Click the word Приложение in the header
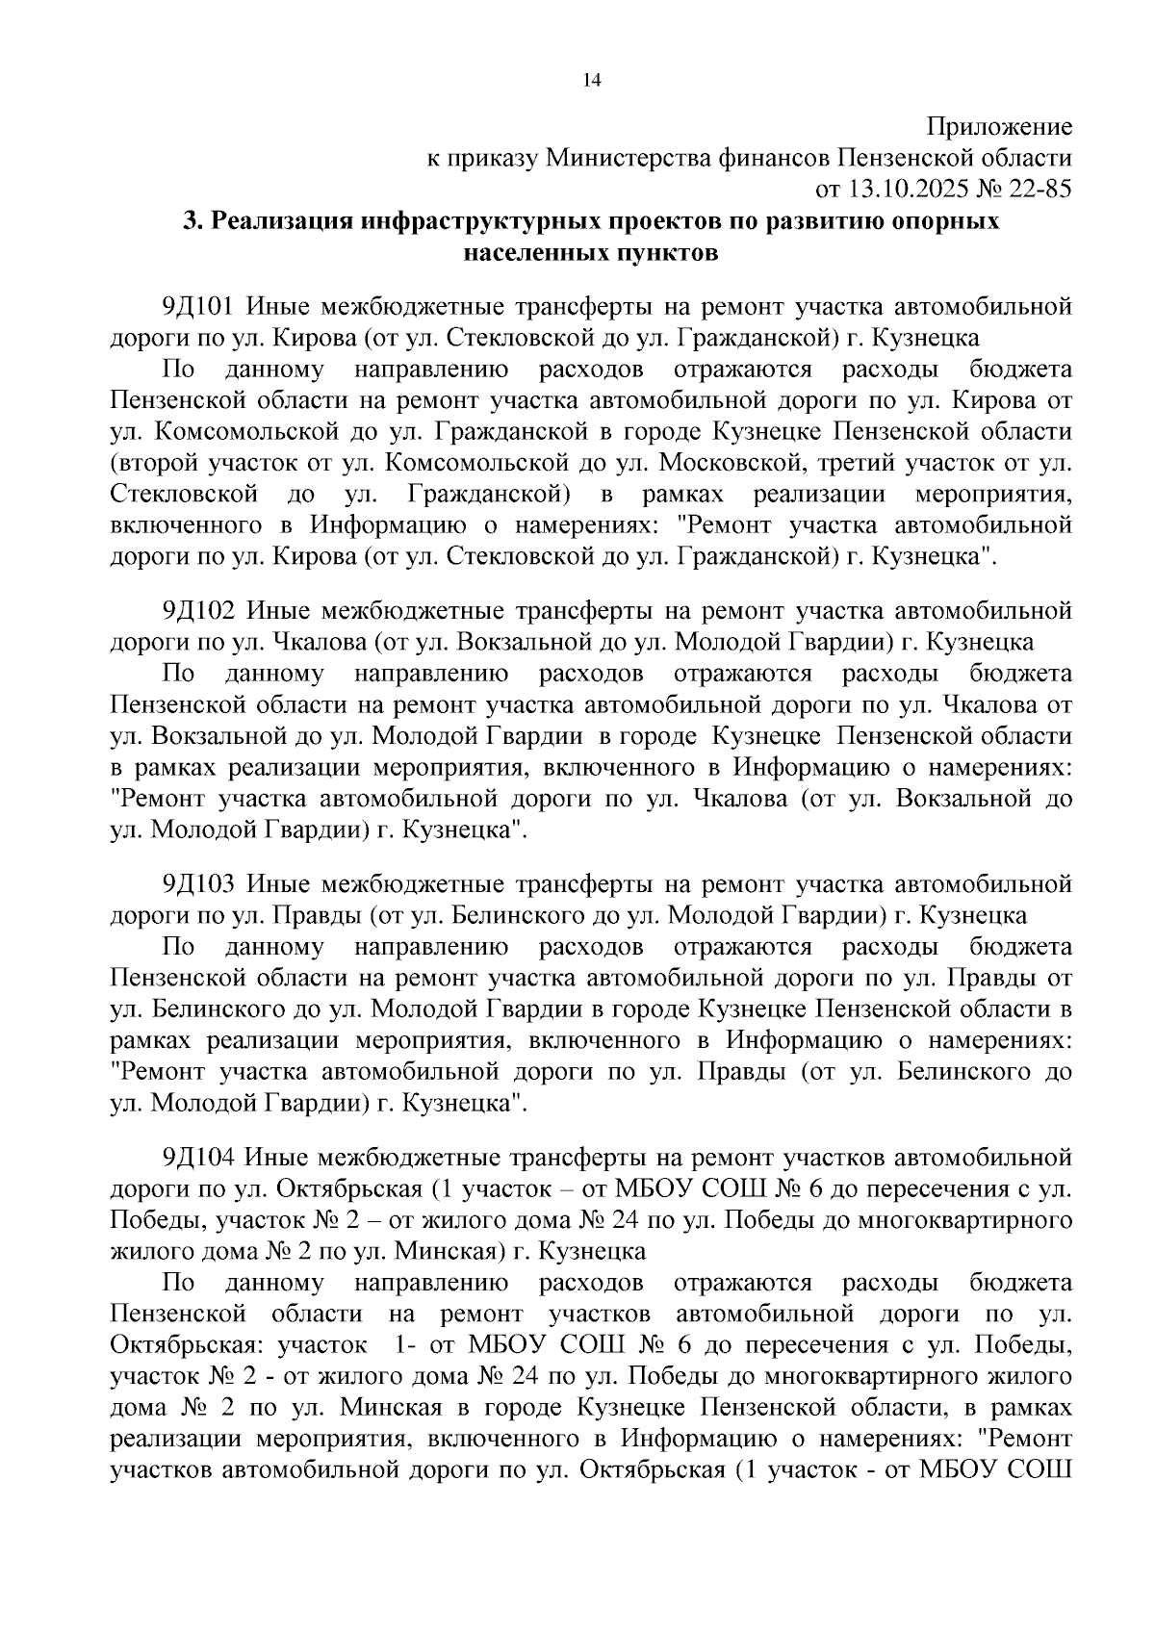point(999,126)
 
